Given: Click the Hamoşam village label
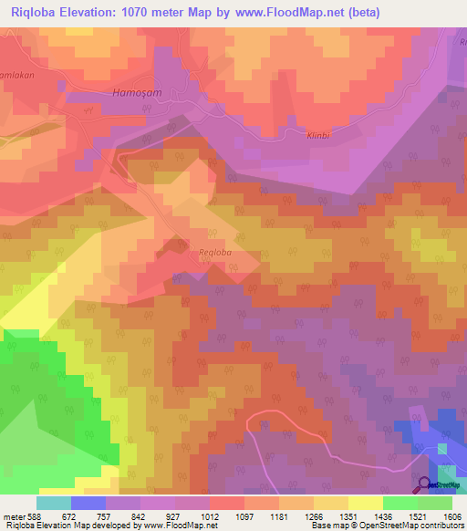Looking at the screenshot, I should (140, 92).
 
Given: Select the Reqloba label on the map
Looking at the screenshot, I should (217, 252).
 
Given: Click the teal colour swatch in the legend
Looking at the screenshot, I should (54, 503).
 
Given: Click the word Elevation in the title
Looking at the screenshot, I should (104, 12).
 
